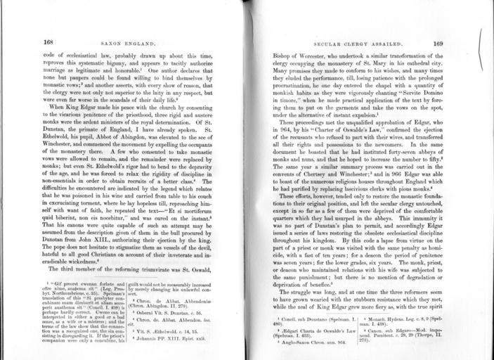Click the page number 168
click(48, 42)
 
